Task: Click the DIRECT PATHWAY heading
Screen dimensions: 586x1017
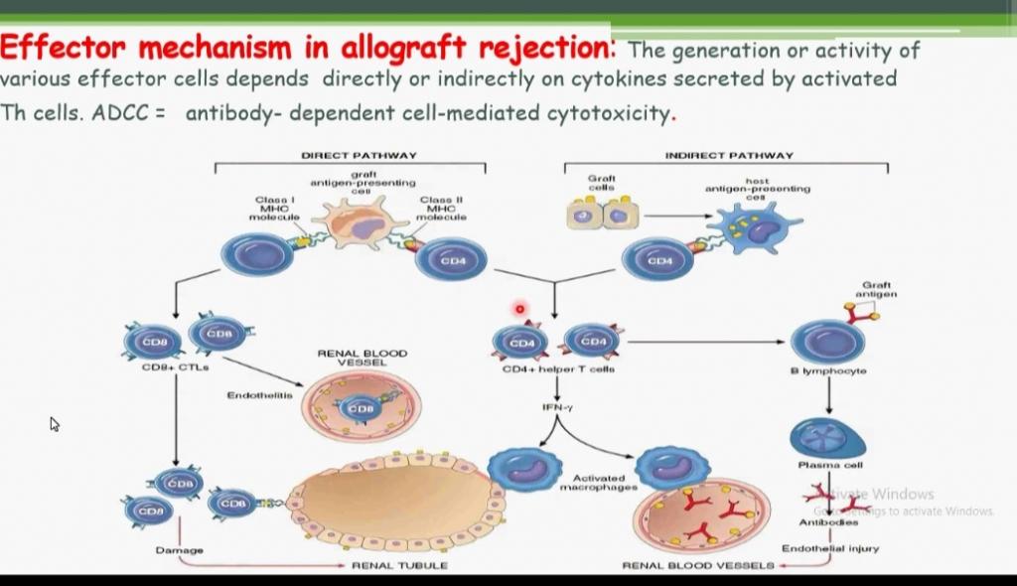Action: pos(359,155)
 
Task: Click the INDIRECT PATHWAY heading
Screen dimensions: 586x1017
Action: pos(729,155)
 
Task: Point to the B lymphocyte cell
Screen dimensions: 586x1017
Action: pos(827,341)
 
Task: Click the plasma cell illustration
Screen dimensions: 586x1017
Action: pos(827,438)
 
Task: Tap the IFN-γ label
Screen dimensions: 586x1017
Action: pos(556,407)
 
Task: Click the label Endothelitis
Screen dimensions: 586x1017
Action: pos(259,395)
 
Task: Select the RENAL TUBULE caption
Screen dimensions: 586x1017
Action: pos(399,565)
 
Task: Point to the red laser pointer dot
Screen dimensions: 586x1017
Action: pos(519,309)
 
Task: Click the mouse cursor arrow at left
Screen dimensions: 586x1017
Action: pos(55,424)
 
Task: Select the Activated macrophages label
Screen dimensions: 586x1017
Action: pos(598,483)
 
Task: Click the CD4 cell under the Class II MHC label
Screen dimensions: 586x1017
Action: pos(452,259)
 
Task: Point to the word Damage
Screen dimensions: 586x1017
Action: pos(179,549)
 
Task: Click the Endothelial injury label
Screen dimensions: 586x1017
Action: pos(829,548)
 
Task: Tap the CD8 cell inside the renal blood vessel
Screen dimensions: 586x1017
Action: pos(359,407)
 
